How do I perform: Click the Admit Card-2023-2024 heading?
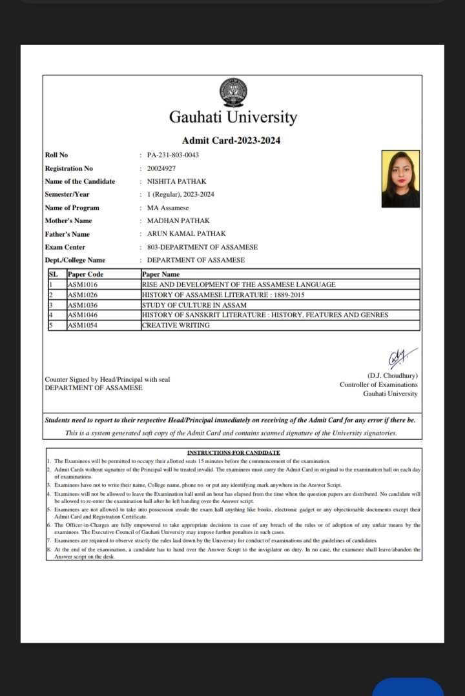tap(231, 141)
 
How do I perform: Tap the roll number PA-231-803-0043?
tap(172, 155)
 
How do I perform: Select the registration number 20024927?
tap(161, 168)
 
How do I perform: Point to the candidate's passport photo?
tap(400, 179)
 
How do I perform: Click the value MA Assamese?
tap(168, 208)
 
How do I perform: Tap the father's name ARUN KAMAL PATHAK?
tap(187, 234)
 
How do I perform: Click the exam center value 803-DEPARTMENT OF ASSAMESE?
tap(202, 247)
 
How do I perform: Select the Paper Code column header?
tap(85, 274)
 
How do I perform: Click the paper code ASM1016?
tap(83, 284)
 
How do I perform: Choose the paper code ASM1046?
tap(83, 315)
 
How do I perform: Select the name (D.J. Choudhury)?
tap(392, 375)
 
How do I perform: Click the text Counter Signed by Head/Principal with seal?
tap(107, 379)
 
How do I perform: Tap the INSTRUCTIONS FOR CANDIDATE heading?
tap(233, 453)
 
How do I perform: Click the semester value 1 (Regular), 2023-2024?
tap(181, 194)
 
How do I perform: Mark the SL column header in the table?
tap(54, 274)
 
